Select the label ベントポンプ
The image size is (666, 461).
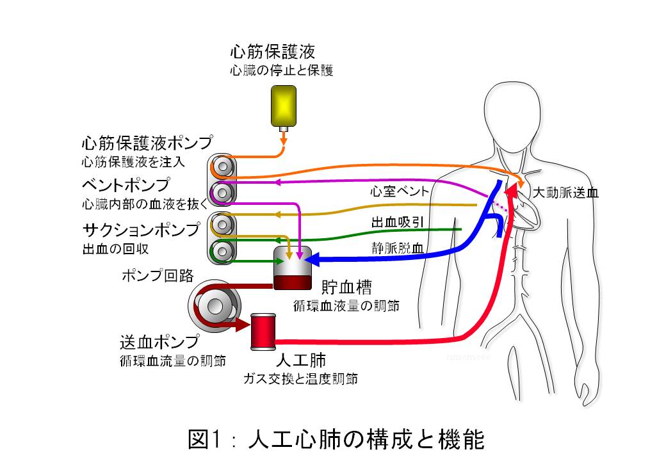coord(126,186)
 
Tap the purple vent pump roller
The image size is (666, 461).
coord(222,191)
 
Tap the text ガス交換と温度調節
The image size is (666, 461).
coord(299,378)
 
